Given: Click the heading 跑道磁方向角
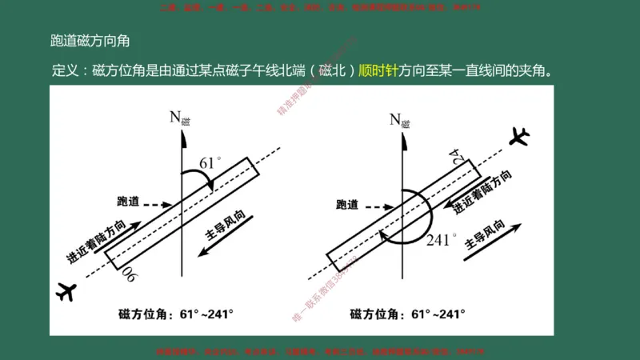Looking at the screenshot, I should click(90, 41).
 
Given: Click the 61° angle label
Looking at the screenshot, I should click(210, 163).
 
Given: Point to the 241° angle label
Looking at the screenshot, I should click(442, 239).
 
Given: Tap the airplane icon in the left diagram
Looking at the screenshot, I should click(66, 290).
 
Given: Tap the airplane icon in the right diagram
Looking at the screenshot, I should click(519, 136).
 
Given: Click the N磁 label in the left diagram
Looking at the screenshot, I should click(180, 119).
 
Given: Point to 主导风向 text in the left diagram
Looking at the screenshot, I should click(231, 223).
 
